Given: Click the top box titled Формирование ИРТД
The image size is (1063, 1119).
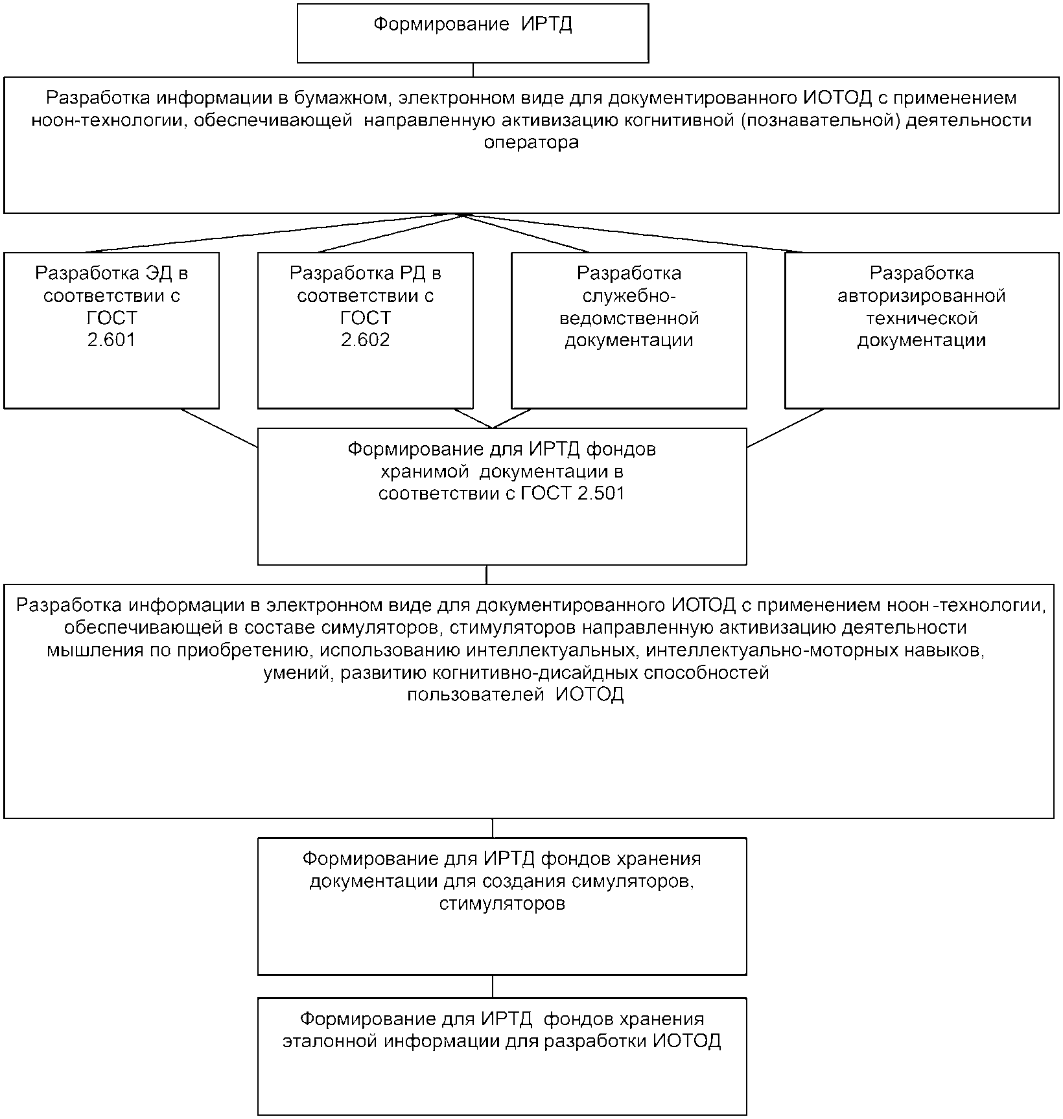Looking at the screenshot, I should pos(473,33).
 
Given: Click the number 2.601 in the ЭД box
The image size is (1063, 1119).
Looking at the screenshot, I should pos(111,340).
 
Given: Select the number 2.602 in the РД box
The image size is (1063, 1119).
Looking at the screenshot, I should pos(366,340).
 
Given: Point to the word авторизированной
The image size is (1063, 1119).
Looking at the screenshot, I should pos(921,296).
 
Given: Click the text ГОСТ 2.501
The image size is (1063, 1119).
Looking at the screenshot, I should pos(572,493).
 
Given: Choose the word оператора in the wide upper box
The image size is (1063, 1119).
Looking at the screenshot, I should pos(531,143).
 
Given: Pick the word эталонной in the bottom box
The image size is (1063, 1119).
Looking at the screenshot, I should pos(330,1041).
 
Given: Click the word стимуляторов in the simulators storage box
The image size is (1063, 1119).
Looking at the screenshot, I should pos(502,903).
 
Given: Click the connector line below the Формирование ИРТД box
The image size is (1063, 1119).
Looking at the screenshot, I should pos(473,70).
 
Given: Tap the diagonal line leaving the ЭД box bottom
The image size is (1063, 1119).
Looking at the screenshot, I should pos(219,428).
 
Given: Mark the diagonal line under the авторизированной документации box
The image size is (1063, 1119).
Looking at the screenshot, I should pos(785,428).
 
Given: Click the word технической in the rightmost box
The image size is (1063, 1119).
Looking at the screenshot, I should pos(921,318).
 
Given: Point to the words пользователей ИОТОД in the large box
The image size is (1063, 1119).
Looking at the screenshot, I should pos(515,695).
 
